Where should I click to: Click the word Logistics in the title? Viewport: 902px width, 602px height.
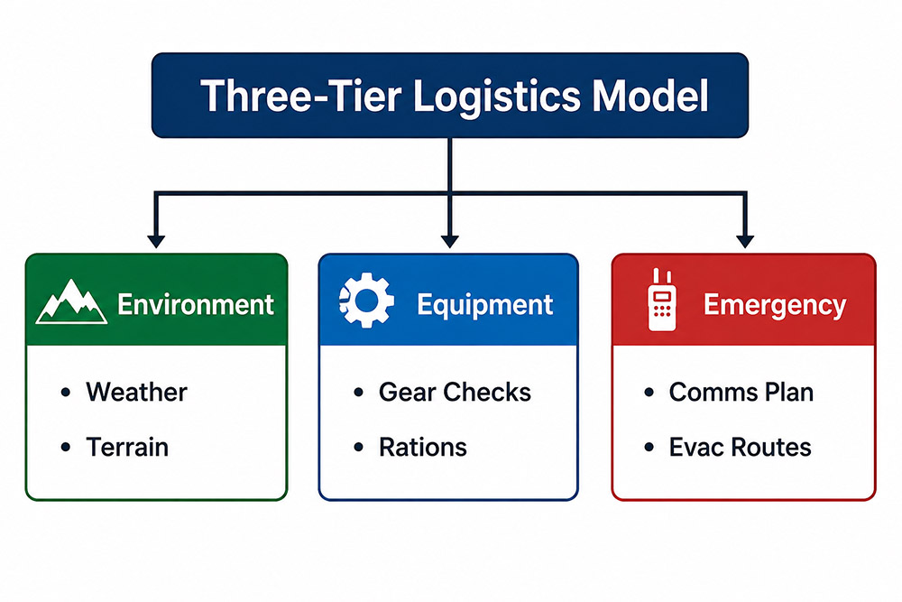[x=496, y=97]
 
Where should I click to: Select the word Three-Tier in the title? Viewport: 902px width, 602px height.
[x=300, y=96]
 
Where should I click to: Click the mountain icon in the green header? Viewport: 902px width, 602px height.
[x=71, y=301]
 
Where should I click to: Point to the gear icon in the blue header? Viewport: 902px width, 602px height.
[x=366, y=301]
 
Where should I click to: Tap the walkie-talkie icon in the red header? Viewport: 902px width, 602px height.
[x=662, y=300]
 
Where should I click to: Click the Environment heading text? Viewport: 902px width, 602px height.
[x=196, y=304]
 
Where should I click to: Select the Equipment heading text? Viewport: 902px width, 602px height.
[x=485, y=306]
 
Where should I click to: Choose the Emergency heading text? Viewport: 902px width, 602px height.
[x=775, y=306]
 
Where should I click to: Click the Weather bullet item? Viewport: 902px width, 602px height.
[x=136, y=392]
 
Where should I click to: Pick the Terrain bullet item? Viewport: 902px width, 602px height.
[x=127, y=447]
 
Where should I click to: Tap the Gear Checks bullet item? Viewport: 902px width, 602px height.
[x=455, y=392]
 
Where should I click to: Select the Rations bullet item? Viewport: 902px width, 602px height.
[x=423, y=447]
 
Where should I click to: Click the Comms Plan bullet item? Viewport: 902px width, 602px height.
[x=741, y=392]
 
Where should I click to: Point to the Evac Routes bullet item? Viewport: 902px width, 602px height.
[x=740, y=447]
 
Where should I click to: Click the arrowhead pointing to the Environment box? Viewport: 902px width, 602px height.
[x=156, y=241]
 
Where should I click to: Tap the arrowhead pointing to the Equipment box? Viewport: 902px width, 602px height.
[x=450, y=241]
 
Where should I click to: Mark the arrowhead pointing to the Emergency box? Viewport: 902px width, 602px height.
[x=745, y=241]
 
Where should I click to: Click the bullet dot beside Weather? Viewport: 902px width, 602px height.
[x=66, y=393]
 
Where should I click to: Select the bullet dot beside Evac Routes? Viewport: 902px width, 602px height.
[x=649, y=447]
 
